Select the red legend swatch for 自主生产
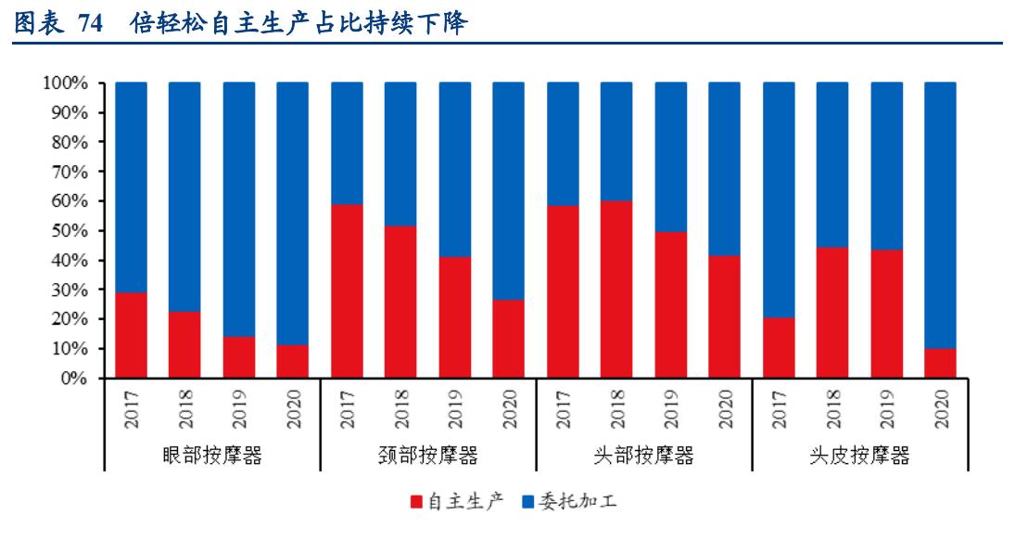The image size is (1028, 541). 415,502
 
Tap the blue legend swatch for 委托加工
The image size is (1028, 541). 527,502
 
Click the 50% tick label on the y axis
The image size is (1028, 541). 69,231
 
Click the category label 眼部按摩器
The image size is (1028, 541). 210,455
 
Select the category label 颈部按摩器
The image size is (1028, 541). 427,455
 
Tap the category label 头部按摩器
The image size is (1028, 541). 643,455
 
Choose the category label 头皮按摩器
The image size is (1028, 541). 859,455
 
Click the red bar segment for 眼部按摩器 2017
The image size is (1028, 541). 131,335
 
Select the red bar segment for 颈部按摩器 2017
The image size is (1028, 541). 347,291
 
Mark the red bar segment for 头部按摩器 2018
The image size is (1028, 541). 616,290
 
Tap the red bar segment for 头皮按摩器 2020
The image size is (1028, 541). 941,363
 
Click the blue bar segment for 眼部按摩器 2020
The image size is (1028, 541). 293,213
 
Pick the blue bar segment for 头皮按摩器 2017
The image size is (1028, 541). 779,200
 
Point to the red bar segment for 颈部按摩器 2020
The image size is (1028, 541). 508,339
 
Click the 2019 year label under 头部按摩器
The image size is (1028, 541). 670,408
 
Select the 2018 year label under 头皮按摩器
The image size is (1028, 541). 832,408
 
